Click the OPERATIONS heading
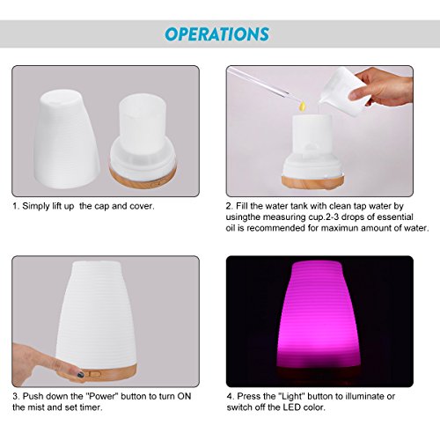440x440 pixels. pyautogui.click(x=217, y=34)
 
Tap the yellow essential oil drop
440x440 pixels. pyautogui.click(x=303, y=106)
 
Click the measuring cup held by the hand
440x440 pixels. pyautogui.click(x=344, y=88)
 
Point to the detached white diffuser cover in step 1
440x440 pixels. pyautogui.click(x=67, y=139)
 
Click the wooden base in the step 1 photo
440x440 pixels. pyautogui.click(x=143, y=177)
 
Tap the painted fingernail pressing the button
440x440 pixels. pyautogui.click(x=80, y=374)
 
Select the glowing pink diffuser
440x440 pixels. pyautogui.click(x=319, y=319)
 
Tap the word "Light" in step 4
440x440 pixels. pyautogui.click(x=293, y=396)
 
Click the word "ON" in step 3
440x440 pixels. pyautogui.click(x=184, y=396)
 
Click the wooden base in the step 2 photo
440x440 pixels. pyautogui.click(x=313, y=181)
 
